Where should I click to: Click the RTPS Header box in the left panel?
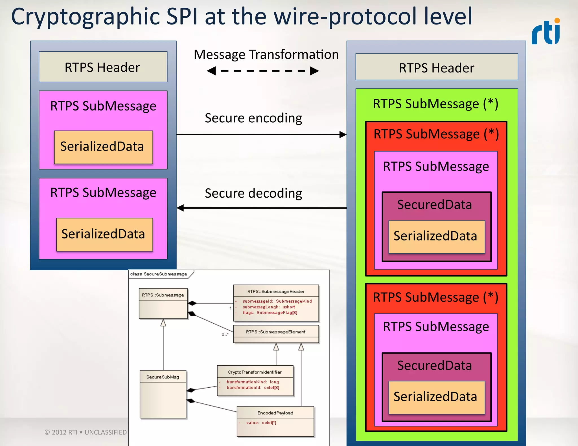(x=103, y=67)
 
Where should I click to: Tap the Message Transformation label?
(x=266, y=54)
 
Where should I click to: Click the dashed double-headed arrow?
(x=263, y=71)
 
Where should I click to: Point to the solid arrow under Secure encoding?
(x=261, y=134)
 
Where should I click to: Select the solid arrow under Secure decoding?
(x=261, y=208)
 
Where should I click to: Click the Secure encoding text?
(x=253, y=118)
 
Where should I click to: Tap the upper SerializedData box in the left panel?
(x=103, y=147)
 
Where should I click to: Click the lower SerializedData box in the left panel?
(x=104, y=234)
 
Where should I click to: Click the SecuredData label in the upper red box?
(x=434, y=205)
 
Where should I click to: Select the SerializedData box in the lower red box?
(x=436, y=397)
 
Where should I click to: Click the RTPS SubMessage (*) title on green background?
(x=435, y=104)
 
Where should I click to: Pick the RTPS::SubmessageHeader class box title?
(x=276, y=292)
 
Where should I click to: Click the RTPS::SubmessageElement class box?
(x=276, y=334)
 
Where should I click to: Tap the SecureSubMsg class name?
(x=163, y=377)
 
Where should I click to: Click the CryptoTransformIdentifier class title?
(x=255, y=372)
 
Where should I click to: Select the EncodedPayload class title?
(x=275, y=413)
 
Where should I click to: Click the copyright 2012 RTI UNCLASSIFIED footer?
(x=86, y=432)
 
